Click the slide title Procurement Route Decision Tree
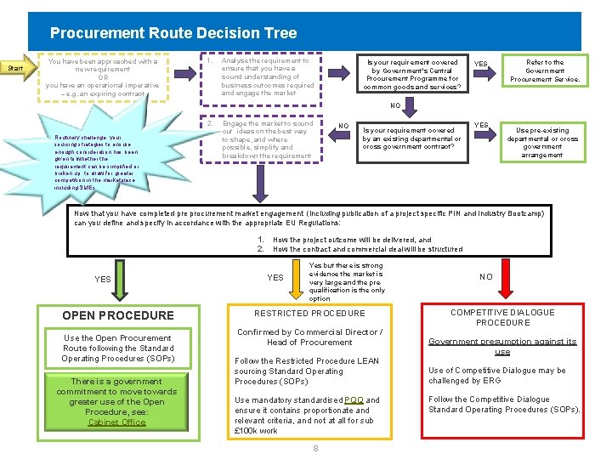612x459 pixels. [x=173, y=33]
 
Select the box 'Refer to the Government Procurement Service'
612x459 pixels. [x=545, y=71]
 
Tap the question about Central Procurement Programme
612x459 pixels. [x=412, y=74]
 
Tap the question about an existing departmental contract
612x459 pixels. [x=411, y=139]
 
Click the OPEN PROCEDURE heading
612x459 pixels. [x=118, y=315]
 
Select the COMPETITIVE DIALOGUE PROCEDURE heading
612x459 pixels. [x=502, y=317]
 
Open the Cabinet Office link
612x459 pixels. [x=117, y=422]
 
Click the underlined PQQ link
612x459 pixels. [x=354, y=399]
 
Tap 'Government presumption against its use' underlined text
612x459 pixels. [x=502, y=346]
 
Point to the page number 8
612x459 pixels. [x=315, y=447]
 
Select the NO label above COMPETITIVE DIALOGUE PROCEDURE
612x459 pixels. [x=486, y=277]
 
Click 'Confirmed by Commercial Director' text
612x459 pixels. [x=309, y=337]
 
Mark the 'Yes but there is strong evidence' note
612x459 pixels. [x=347, y=281]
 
